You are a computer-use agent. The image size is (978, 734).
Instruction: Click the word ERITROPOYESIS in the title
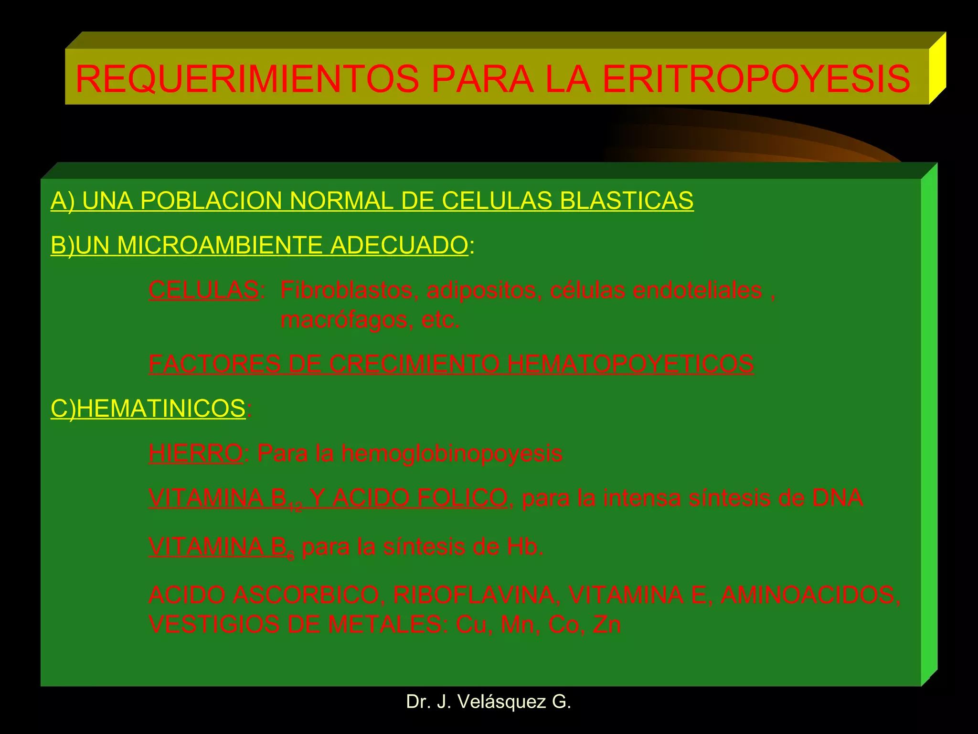point(756,79)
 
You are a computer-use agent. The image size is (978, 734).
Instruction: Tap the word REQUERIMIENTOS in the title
point(247,79)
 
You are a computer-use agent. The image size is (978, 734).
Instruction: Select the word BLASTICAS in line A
point(627,200)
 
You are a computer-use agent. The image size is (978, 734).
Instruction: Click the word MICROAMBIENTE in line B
point(220,245)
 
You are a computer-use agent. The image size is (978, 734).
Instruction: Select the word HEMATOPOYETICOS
point(630,364)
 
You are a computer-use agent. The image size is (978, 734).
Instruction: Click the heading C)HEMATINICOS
point(148,409)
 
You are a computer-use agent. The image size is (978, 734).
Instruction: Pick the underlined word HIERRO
point(196,453)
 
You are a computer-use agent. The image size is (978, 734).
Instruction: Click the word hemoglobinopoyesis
point(451,453)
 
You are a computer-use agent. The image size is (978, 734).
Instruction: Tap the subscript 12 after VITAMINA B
point(295,507)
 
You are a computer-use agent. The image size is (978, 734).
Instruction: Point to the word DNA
point(838,497)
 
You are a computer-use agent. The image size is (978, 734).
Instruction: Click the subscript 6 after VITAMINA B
point(291,556)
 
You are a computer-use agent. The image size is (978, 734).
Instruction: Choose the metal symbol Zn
point(606,625)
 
